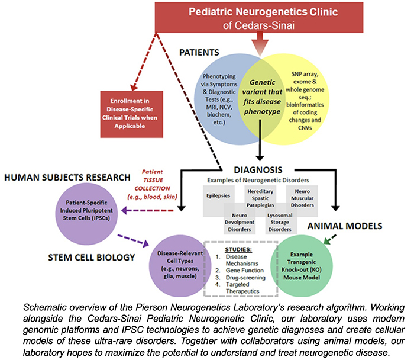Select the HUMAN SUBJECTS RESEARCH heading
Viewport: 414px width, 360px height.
point(67,177)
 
